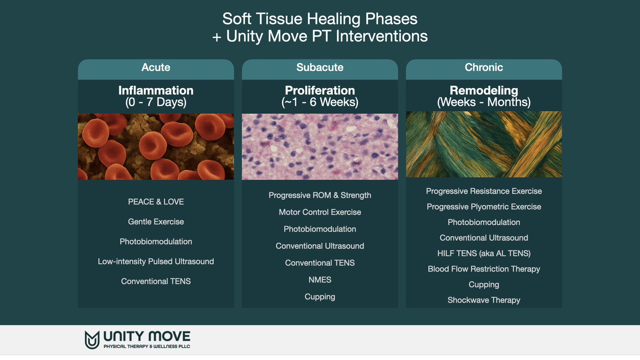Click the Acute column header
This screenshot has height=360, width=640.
pyautogui.click(x=156, y=67)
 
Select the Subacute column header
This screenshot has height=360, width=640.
pyautogui.click(x=320, y=67)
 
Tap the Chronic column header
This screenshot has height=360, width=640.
pyautogui.click(x=484, y=67)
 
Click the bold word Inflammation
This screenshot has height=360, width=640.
pyautogui.click(x=156, y=90)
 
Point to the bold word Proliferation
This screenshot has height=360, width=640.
pyautogui.click(x=320, y=90)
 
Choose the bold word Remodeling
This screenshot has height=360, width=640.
pyautogui.click(x=484, y=90)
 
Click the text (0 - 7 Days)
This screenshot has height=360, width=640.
pyautogui.click(x=156, y=102)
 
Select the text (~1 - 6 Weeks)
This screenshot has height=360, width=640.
pyautogui.click(x=320, y=102)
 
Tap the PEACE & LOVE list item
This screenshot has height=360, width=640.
pyautogui.click(x=156, y=202)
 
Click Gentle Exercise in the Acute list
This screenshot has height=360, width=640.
pyautogui.click(x=156, y=222)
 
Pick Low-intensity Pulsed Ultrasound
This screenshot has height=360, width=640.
pyautogui.click(x=156, y=261)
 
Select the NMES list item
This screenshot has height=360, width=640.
pyautogui.click(x=320, y=280)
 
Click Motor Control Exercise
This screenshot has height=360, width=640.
pyautogui.click(x=320, y=212)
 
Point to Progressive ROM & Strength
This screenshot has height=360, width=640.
pyautogui.click(x=320, y=195)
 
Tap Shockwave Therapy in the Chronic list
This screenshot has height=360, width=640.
pyautogui.click(x=484, y=300)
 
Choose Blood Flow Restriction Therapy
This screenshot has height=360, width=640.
pyautogui.click(x=484, y=269)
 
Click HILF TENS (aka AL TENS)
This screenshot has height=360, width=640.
pyautogui.click(x=484, y=253)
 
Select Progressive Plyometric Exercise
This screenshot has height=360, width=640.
pyautogui.click(x=484, y=207)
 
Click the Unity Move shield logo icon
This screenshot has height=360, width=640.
pyautogui.click(x=92, y=340)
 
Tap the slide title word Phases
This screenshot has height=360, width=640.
pyautogui.click(x=391, y=19)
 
